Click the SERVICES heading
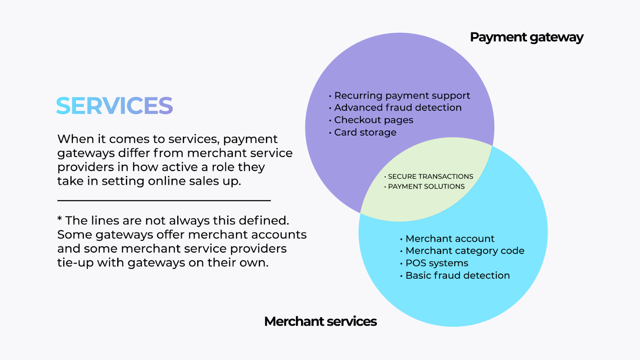pyautogui.click(x=114, y=106)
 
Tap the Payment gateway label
pyautogui.click(x=526, y=38)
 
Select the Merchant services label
pyautogui.click(x=320, y=321)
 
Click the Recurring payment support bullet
pyautogui.click(x=400, y=96)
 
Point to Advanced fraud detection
pyautogui.click(x=395, y=108)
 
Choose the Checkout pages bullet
pyautogui.click(x=371, y=120)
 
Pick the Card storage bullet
pyautogui.click(x=362, y=132)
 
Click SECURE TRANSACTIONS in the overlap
pyautogui.click(x=428, y=176)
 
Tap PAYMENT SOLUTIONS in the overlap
pyautogui.click(x=424, y=186)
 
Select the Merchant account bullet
pyautogui.click(x=447, y=238)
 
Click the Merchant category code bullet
pyautogui.click(x=462, y=251)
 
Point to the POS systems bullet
pyautogui.click(x=434, y=263)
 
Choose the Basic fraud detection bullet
pyautogui.click(x=455, y=276)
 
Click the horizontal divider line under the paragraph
pyautogui.click(x=164, y=200)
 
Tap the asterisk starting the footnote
pyautogui.click(x=60, y=219)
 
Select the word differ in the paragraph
pyautogui.click(x=134, y=153)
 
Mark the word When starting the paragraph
pyautogui.click(x=76, y=139)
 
